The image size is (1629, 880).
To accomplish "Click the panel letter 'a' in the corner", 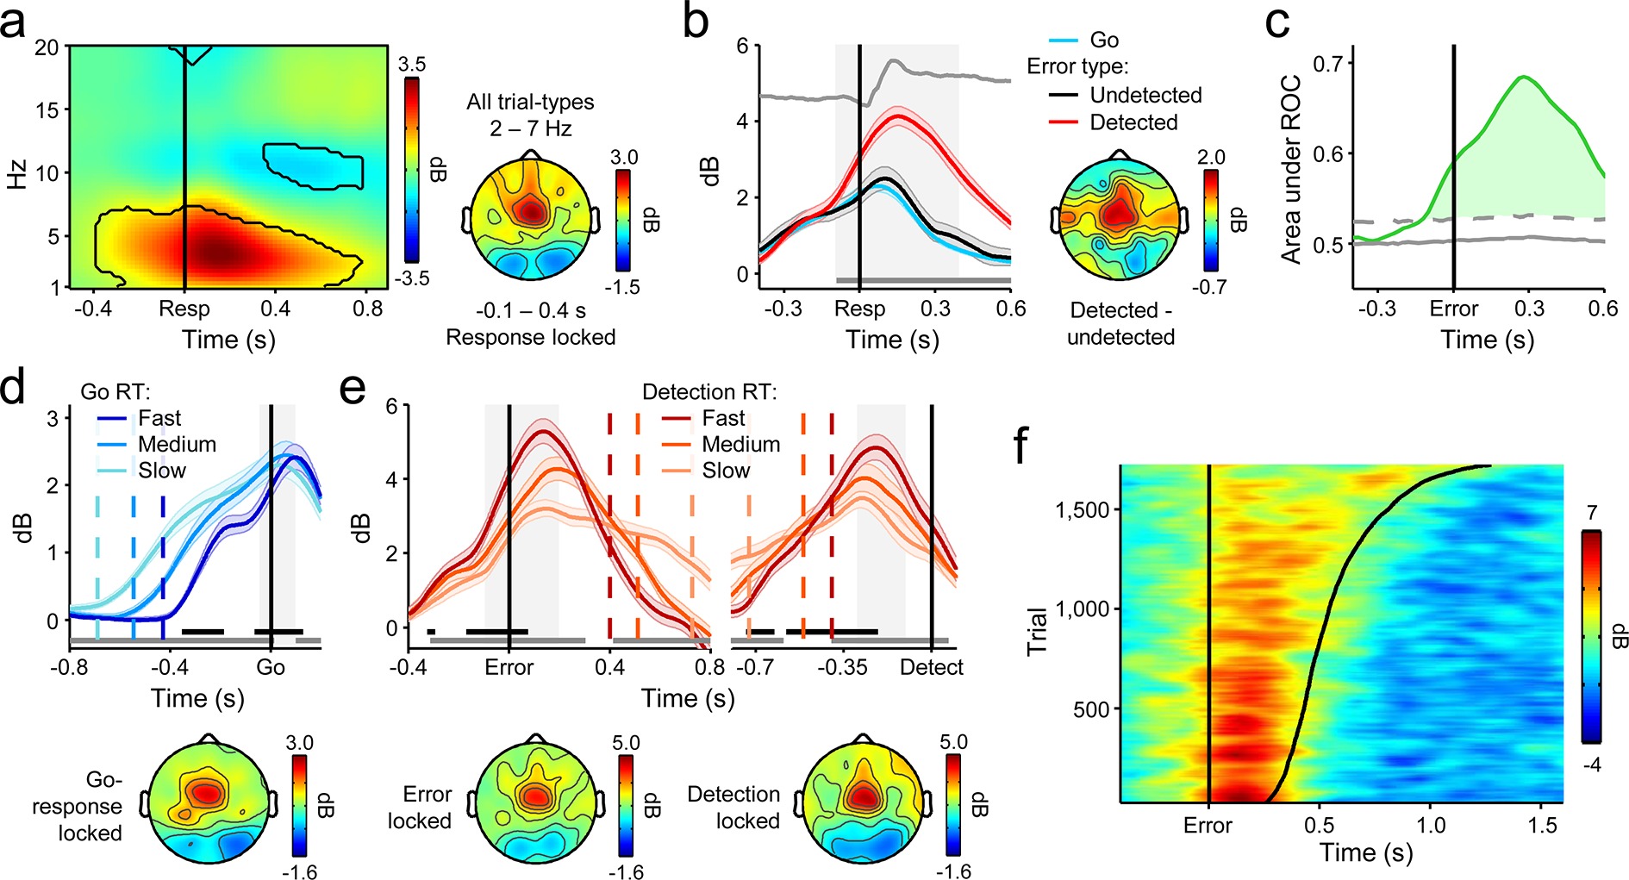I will (x=14, y=24).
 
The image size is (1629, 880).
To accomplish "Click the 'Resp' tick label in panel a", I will (x=184, y=309).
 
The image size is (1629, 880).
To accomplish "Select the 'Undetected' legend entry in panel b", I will (x=1145, y=95).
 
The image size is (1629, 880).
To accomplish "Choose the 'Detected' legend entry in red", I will (x=1133, y=122).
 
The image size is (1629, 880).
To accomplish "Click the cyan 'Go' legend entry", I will (x=1103, y=41).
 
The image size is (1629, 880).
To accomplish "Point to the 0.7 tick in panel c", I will (x=1328, y=63).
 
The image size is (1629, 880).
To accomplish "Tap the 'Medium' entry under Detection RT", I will (x=740, y=445).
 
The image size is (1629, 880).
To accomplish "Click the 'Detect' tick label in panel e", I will (x=931, y=667).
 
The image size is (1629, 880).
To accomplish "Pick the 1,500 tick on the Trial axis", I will (x=1082, y=509).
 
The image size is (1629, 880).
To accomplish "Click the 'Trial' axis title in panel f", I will (x=1038, y=632).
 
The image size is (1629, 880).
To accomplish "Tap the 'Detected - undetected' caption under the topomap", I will (x=1120, y=323).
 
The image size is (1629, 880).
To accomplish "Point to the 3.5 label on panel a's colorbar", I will (x=411, y=65).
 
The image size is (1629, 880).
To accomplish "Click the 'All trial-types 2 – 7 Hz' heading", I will (x=530, y=115).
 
